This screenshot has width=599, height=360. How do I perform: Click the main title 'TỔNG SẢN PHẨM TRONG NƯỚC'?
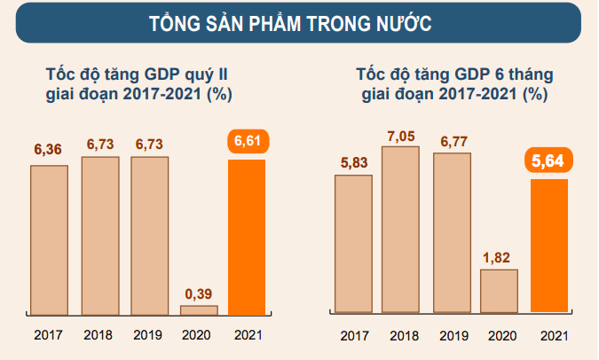[298, 24]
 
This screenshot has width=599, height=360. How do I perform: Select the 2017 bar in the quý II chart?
[49, 239]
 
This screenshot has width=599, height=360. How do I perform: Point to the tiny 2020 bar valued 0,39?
[198, 309]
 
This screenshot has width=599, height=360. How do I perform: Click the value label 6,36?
[48, 149]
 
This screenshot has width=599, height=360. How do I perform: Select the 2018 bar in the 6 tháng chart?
[400, 230]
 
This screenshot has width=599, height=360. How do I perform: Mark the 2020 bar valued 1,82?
[499, 291]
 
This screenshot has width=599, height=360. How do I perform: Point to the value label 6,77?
[452, 139]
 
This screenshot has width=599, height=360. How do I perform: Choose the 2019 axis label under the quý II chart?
[147, 336]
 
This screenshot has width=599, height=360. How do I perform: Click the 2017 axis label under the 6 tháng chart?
[354, 336]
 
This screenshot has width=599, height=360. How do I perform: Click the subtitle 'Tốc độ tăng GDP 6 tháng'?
[453, 73]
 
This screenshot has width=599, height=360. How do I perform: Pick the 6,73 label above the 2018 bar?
[99, 143]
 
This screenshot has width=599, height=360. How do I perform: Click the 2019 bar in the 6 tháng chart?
[452, 232]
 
